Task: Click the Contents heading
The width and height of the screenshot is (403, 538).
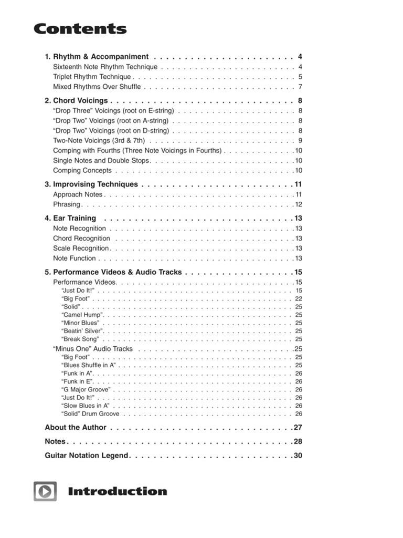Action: [x=80, y=29]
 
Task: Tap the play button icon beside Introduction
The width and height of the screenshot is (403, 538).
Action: [x=45, y=491]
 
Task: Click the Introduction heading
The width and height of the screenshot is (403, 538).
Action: [x=117, y=492]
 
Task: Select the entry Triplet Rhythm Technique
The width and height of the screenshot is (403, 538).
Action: [x=92, y=77]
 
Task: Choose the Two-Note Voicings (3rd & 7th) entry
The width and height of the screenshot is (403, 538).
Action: [x=99, y=140]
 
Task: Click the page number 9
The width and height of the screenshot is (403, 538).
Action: [x=300, y=140]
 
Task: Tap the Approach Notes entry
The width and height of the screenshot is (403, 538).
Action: [x=78, y=194]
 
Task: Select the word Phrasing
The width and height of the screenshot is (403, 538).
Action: [x=67, y=204]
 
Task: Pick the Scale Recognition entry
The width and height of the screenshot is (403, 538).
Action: [x=81, y=248]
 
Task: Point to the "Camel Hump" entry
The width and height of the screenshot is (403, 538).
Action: [x=82, y=315]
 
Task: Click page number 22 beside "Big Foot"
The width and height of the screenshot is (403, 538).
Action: [x=299, y=298]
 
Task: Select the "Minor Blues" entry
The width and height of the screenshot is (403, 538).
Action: [x=80, y=323]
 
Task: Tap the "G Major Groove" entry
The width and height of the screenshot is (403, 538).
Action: [x=86, y=389]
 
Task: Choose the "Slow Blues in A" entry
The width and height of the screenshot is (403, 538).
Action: [x=86, y=406]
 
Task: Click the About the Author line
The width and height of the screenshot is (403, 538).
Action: [x=76, y=427]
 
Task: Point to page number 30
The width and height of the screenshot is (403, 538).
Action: [x=298, y=456]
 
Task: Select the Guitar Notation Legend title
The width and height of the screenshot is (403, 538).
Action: [x=87, y=456]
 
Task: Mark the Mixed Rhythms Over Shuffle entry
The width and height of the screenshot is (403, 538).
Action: [x=97, y=87]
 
